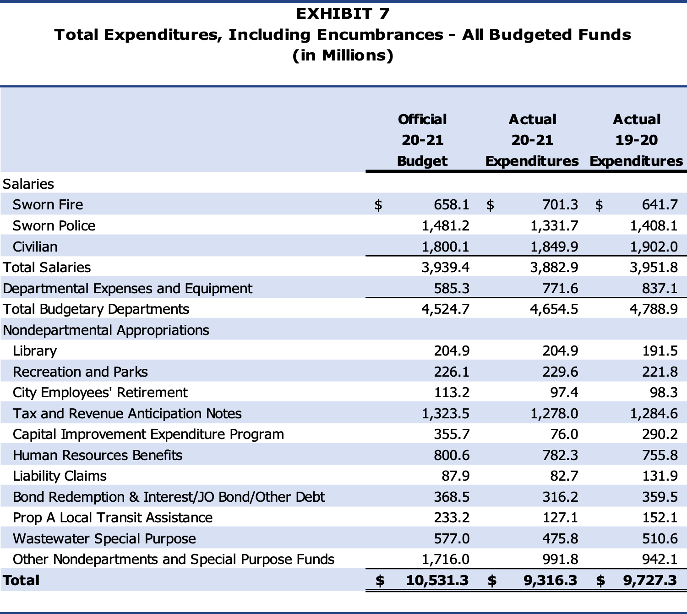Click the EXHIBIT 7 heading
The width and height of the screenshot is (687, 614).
coord(343,14)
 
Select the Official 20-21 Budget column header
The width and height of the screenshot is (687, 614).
coord(422,140)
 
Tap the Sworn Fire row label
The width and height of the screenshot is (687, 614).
coord(48,205)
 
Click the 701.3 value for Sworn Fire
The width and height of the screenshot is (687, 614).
coord(560,205)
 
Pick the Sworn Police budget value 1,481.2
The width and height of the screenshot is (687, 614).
coord(445,226)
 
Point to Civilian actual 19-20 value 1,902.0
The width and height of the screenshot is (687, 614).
coord(654,247)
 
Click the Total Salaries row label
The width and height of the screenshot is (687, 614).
coord(47,268)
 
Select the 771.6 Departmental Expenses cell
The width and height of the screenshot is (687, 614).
coord(560,289)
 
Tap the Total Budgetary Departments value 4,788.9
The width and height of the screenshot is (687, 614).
coord(654,309)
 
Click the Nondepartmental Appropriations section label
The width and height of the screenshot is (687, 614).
coord(106,330)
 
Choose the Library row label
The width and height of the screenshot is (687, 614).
coord(35,351)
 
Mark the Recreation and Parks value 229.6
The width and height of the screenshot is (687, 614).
coord(560,372)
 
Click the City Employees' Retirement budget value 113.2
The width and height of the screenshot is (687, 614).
coord(452,393)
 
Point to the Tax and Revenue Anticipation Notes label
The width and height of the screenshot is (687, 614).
coord(127,414)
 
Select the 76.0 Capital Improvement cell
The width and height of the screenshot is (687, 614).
coord(564,434)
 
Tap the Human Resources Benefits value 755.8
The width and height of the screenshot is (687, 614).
coord(660,455)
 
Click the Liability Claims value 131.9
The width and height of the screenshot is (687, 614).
coord(660,476)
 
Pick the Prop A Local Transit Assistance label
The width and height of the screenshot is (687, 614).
coord(113,518)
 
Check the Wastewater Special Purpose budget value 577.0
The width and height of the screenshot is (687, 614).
coord(452,539)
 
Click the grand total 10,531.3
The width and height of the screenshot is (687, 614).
coord(437,581)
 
